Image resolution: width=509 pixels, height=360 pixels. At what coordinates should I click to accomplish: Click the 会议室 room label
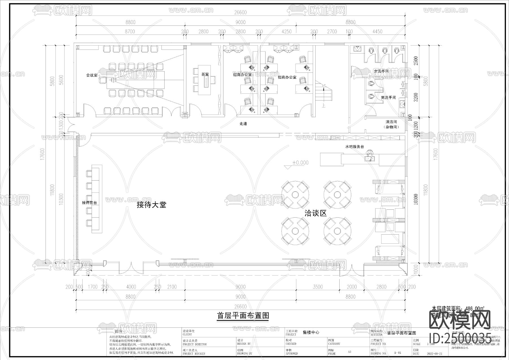tap(92, 75)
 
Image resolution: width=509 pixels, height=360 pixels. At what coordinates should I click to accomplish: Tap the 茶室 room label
tap(205, 74)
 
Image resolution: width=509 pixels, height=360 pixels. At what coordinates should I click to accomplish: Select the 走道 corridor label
tap(243, 124)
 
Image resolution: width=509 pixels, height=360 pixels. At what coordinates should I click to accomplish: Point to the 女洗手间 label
tap(381, 71)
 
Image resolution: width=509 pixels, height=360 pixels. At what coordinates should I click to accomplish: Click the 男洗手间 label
tap(388, 98)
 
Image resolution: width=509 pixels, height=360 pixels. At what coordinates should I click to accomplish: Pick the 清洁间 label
tap(391, 122)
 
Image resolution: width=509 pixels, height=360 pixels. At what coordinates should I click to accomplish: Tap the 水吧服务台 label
tap(354, 147)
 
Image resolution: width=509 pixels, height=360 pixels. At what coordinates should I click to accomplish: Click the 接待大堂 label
tap(151, 205)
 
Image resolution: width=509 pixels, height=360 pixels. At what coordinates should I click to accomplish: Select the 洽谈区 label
tap(316, 213)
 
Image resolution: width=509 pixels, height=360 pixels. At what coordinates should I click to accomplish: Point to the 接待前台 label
tap(90, 203)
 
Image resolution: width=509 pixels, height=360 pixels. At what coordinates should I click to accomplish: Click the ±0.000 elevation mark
tap(300, 163)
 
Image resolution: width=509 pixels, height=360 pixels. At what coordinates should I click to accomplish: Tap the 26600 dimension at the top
tap(240, 12)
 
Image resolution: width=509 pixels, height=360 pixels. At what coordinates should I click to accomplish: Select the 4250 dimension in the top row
tap(286, 32)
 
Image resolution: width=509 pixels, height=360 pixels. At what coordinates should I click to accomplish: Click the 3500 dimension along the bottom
tap(318, 287)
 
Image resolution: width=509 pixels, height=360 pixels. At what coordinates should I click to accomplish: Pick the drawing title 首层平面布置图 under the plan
tap(243, 316)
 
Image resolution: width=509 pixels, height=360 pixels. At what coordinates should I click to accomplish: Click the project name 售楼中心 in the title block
tap(311, 332)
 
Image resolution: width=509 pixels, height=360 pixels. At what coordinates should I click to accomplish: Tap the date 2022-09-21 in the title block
tap(434, 354)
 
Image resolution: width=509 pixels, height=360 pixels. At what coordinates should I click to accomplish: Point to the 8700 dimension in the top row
tap(130, 32)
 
